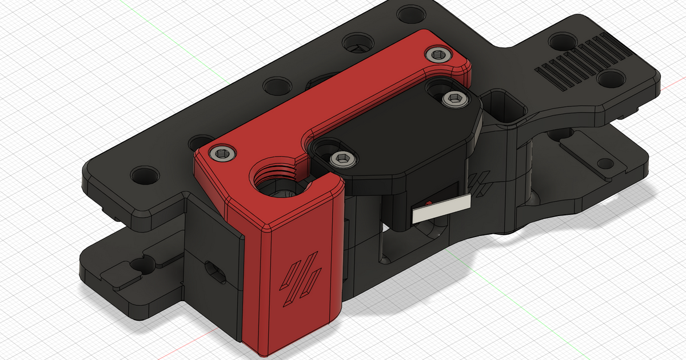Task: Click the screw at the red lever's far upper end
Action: (x=438, y=54)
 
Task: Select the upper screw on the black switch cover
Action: (x=454, y=98)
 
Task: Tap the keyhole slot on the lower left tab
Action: (x=138, y=265)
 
